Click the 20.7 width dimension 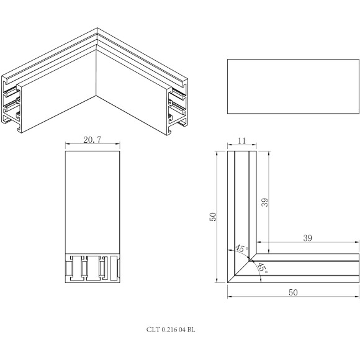92,141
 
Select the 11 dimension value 242,142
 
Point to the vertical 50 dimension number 212,217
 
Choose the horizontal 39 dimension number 308,237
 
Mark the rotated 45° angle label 262,268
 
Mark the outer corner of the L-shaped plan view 229,281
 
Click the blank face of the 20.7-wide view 92,199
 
